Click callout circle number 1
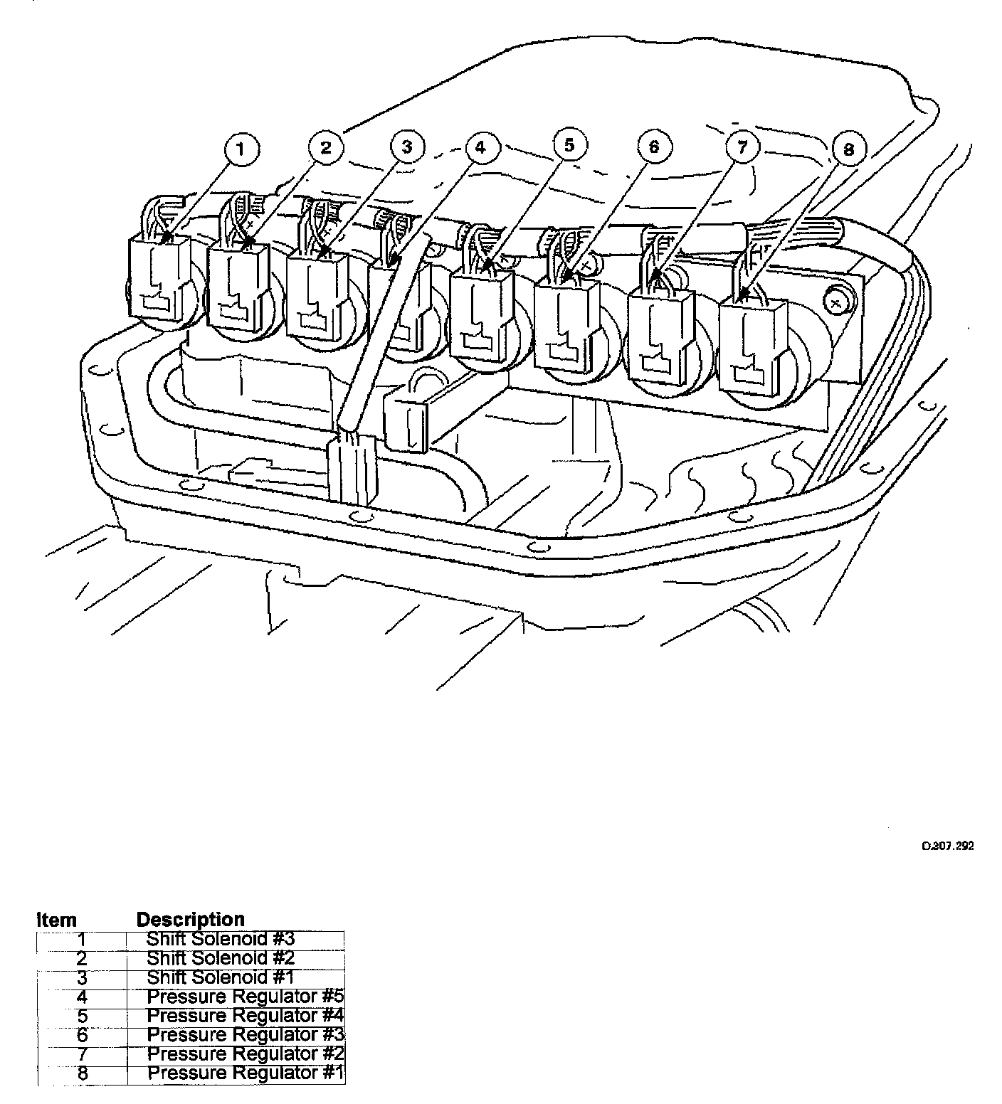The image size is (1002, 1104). [x=241, y=149]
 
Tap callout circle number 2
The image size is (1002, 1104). [x=326, y=147]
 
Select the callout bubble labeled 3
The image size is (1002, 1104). [x=407, y=147]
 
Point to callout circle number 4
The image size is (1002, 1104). [x=481, y=148]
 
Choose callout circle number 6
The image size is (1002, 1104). [x=654, y=147]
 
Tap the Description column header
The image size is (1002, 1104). [x=190, y=919]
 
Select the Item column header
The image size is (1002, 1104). [x=56, y=920]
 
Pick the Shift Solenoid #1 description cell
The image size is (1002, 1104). [x=220, y=977]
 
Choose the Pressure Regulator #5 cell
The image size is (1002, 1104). [x=245, y=997]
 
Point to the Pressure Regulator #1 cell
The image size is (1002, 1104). [x=245, y=1073]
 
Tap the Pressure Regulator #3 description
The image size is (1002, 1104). [x=245, y=1035]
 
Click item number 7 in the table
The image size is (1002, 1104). [x=82, y=1054]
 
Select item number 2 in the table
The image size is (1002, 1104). [x=82, y=958]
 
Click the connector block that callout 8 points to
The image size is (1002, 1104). [x=751, y=345]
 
